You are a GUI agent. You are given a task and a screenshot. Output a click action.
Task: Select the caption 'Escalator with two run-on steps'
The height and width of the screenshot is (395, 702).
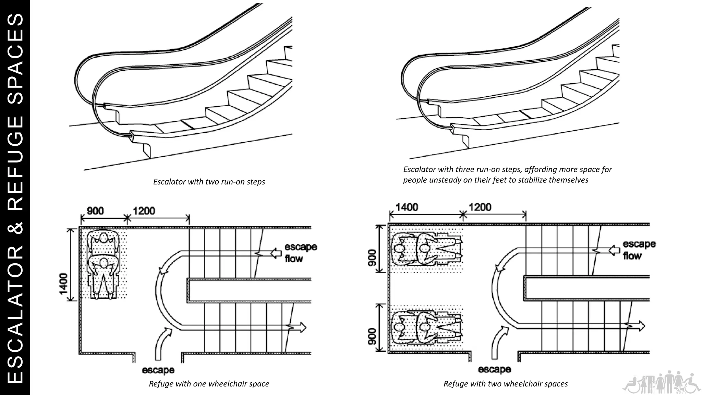[209, 182]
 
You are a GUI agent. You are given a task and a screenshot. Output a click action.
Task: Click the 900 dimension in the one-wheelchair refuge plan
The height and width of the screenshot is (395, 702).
[95, 211]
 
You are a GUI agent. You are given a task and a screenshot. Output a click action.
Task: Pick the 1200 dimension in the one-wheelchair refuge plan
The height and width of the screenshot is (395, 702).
[144, 211]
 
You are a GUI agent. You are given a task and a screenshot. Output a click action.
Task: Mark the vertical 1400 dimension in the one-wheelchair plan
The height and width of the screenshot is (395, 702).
[63, 284]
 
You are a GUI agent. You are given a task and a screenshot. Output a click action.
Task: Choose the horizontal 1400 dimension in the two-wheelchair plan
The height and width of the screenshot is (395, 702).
[407, 207]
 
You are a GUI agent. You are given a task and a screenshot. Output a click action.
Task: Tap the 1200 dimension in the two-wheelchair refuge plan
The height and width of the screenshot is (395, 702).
[480, 207]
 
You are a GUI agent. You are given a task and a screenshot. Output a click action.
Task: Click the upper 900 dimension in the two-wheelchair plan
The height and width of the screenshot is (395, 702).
[371, 257]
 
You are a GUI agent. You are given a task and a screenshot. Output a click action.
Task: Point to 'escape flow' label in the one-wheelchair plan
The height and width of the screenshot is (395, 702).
[301, 253]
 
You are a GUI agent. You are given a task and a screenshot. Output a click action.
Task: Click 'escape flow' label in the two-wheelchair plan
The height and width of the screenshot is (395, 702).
[639, 250]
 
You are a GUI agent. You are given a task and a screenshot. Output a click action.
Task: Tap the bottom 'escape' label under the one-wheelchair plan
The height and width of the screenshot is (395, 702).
[158, 370]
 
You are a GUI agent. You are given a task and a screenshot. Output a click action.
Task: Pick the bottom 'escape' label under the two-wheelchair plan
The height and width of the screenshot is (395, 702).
[494, 369]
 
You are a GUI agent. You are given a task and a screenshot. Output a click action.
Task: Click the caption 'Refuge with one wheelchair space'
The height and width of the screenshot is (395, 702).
[209, 384]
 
